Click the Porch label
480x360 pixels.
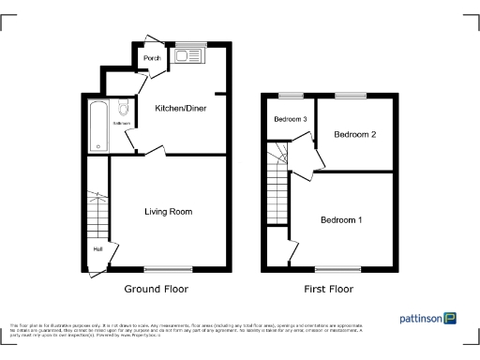tap(151, 58)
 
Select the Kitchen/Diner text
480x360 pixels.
tap(180, 109)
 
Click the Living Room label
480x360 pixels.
tap(168, 212)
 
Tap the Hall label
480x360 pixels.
tap(97, 249)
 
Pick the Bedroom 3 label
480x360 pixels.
tap(291, 120)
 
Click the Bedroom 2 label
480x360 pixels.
tap(354, 135)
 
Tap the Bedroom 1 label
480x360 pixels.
tap(341, 220)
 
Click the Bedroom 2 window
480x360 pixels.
tap(352, 94)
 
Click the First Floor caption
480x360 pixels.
tap(328, 289)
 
